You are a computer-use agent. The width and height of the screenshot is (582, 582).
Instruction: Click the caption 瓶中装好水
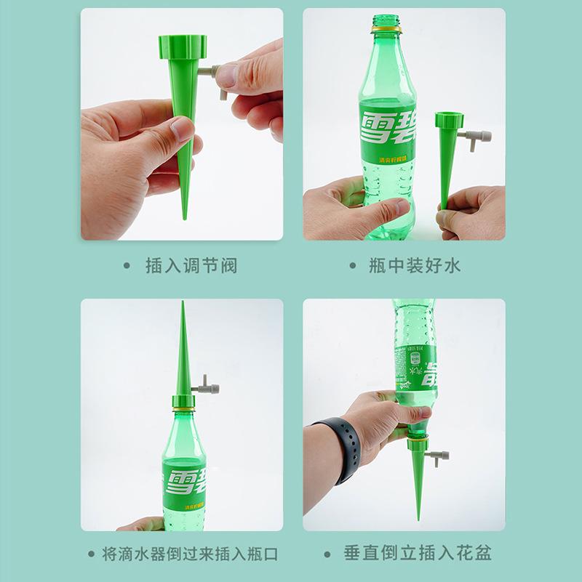(415, 265)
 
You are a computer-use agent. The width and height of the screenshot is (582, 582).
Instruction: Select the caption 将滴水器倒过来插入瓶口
(192, 554)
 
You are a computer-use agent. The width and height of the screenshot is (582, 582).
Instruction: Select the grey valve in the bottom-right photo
(440, 456)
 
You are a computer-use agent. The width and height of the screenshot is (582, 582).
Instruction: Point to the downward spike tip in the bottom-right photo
(418, 517)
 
